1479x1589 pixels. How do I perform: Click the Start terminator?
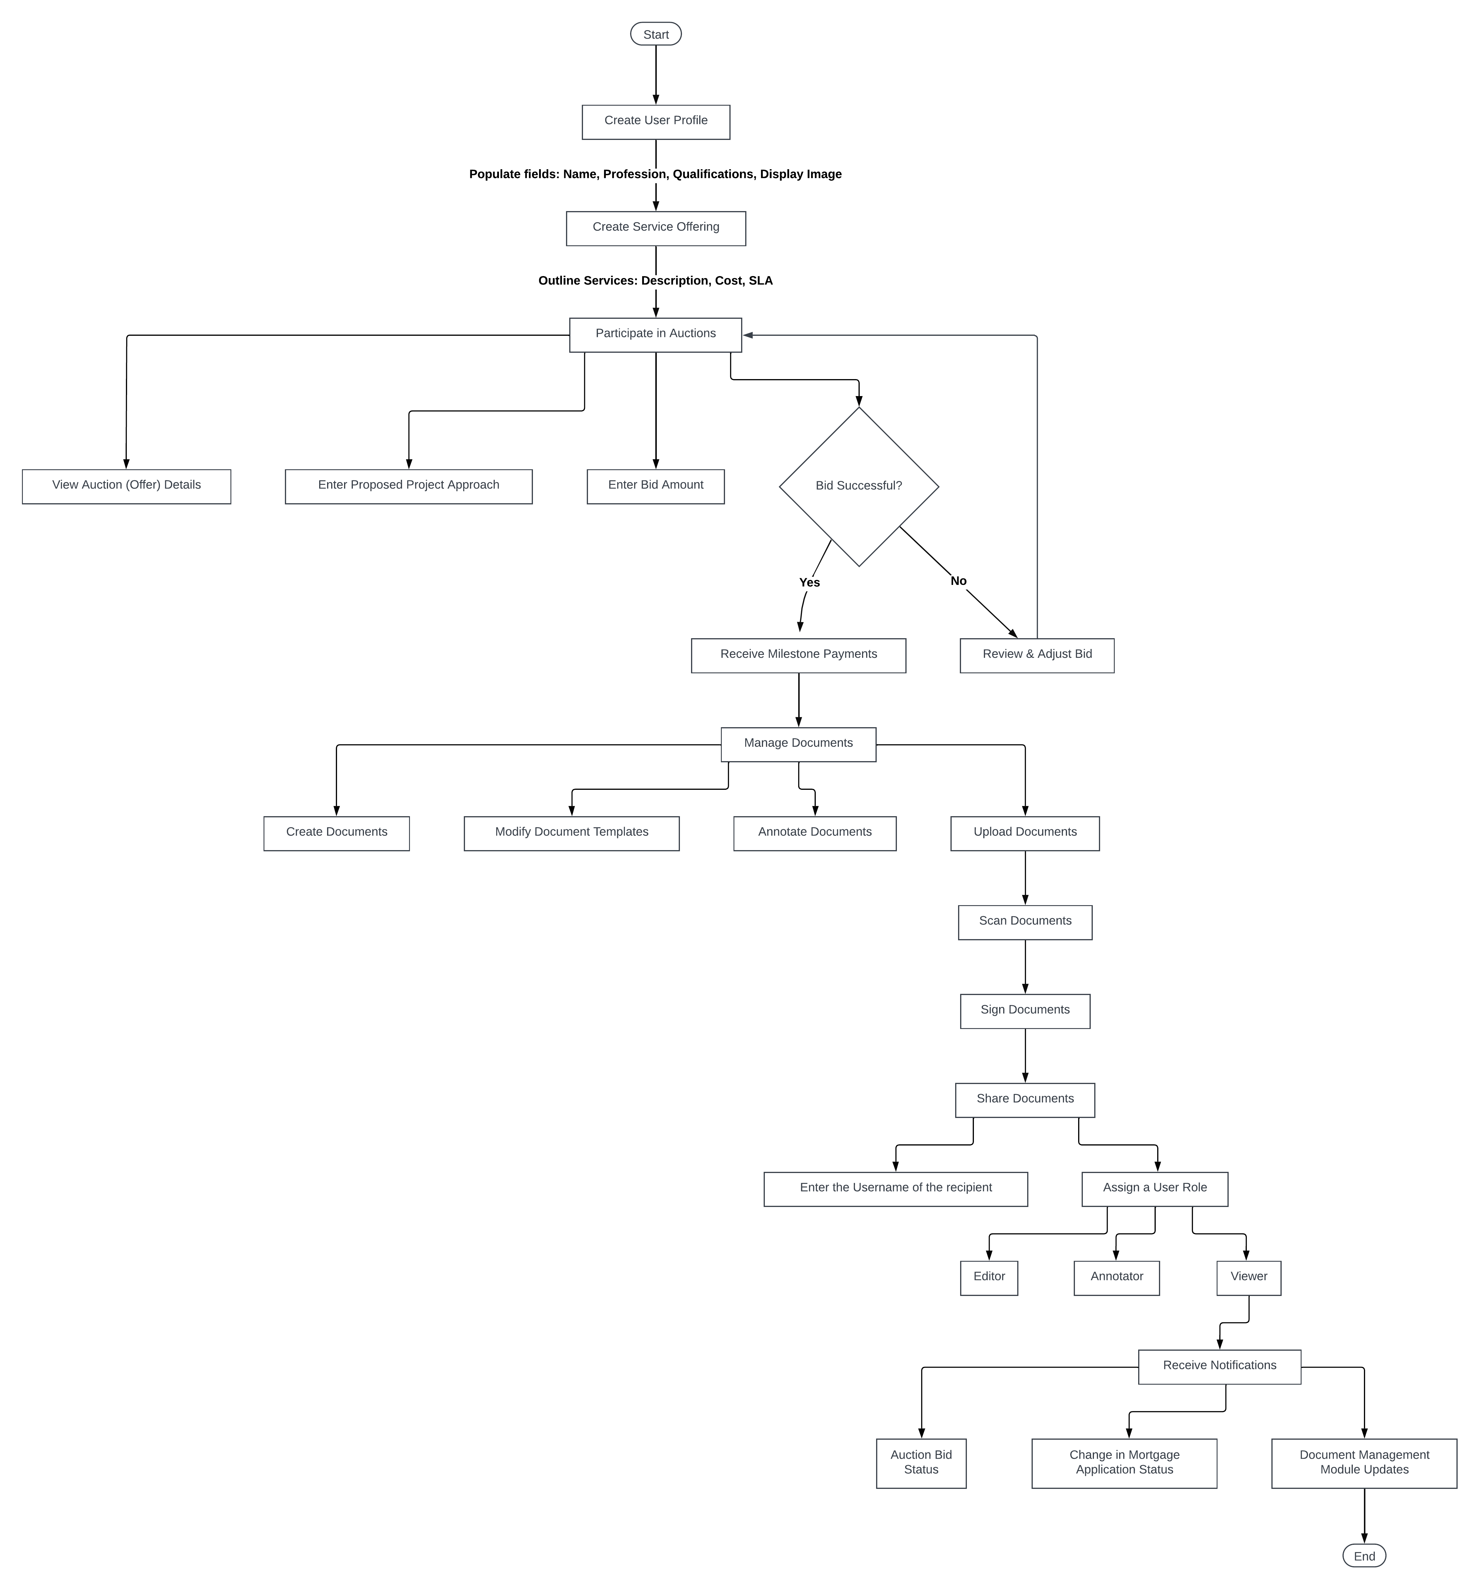click(656, 34)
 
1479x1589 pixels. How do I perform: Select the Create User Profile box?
click(656, 121)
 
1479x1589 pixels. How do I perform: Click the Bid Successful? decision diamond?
click(859, 486)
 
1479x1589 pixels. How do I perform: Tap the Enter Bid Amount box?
click(656, 486)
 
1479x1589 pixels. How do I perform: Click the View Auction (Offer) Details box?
click(126, 486)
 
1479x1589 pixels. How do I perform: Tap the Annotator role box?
click(1116, 1277)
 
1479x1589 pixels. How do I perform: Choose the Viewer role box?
click(1248, 1277)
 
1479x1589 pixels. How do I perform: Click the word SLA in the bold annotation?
click(760, 280)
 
